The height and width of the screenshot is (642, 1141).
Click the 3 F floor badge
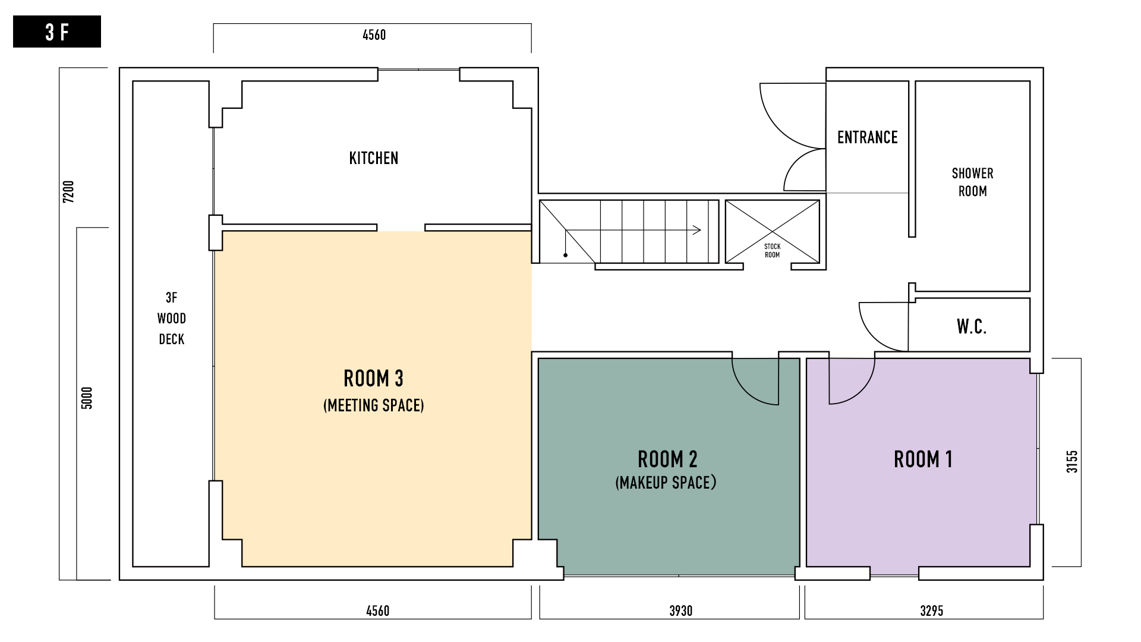[57, 32]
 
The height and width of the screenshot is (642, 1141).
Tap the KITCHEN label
[374, 158]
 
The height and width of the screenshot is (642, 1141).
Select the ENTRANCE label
[867, 137]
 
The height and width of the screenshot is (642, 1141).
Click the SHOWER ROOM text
[973, 182]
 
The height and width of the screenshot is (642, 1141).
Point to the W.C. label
[972, 326]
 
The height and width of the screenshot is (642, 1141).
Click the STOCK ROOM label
[772, 250]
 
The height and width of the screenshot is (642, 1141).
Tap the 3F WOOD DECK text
[171, 319]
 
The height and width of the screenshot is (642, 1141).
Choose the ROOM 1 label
[923, 460]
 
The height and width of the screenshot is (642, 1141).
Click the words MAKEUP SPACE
[666, 483]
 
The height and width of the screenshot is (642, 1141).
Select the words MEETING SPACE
[374, 405]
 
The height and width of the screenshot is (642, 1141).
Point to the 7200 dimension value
[69, 192]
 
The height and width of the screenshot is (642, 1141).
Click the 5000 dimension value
[87, 398]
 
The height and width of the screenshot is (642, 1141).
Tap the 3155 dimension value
[1071, 461]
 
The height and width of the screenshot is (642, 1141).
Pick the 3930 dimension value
[681, 611]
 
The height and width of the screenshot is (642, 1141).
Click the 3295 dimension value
[932, 611]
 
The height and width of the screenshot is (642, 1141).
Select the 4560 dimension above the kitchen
[374, 35]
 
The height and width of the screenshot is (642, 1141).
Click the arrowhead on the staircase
[698, 230]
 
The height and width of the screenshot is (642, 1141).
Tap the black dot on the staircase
[566, 256]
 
